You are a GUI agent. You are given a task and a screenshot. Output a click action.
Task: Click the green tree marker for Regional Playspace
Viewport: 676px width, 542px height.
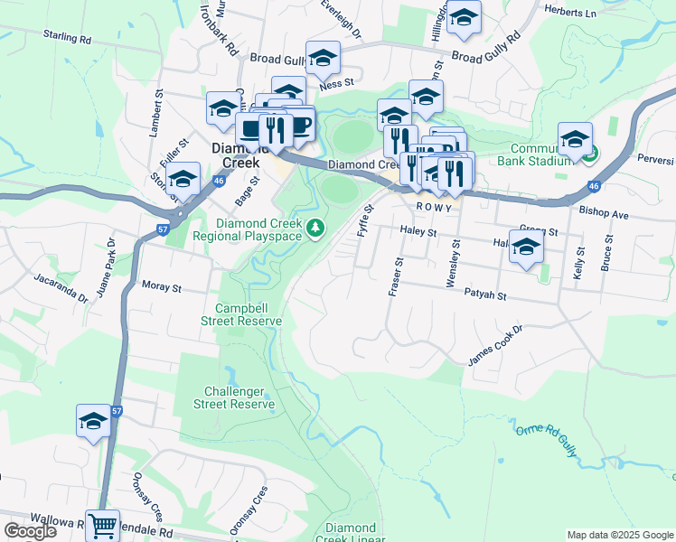[x=315, y=229]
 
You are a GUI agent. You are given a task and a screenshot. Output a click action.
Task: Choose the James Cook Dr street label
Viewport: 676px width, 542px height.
[x=495, y=346]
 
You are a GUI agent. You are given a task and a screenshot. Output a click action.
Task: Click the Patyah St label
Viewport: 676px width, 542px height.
[x=486, y=295]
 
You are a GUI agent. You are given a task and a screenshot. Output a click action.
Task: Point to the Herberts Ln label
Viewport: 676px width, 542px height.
[x=571, y=13]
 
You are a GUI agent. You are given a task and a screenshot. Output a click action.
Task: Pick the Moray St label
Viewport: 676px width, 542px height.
[x=163, y=288]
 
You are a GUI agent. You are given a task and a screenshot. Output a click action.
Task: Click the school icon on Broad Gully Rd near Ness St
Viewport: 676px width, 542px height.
[x=323, y=59]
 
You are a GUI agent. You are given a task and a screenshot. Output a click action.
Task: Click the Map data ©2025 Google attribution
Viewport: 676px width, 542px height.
[x=620, y=535]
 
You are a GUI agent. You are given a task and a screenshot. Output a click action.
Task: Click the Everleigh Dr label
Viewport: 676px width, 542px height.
[x=341, y=19]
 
